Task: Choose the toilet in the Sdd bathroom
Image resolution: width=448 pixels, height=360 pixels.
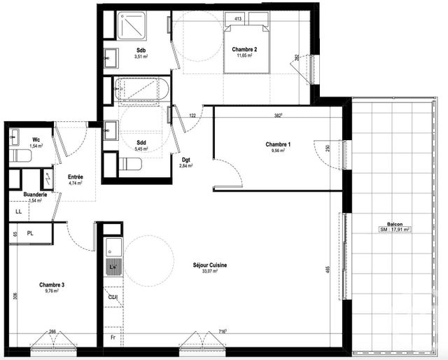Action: (x=131, y=164)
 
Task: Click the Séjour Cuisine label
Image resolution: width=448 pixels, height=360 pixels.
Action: (x=210, y=265)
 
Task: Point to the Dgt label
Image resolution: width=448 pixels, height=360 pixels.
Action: (x=185, y=159)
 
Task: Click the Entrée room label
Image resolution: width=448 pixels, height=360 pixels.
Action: (x=75, y=177)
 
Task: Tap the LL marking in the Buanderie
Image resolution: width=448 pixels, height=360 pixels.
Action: (x=19, y=210)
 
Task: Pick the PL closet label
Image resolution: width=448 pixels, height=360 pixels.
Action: (x=30, y=233)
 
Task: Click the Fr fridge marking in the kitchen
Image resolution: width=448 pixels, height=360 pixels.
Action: (x=112, y=337)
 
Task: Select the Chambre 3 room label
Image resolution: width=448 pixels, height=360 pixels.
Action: (x=52, y=284)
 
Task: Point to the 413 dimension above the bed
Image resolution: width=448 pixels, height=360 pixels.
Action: (x=238, y=19)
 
